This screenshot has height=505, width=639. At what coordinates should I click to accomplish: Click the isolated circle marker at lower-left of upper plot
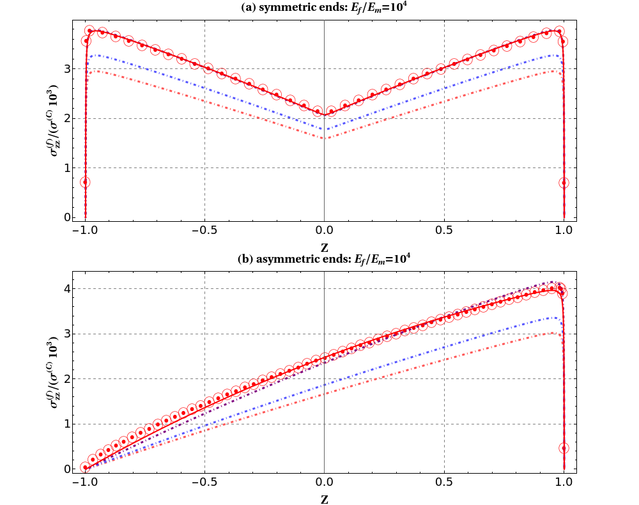pos(85,182)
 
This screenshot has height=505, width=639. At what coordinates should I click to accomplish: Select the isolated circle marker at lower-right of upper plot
pos(564,182)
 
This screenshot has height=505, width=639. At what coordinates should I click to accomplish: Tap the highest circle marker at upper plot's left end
pos(89,31)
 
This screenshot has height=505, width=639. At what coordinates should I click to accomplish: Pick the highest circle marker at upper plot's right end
pos(559,31)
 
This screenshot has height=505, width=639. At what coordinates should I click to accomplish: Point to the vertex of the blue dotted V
pos(325,130)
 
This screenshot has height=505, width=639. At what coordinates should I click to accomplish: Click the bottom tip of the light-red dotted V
pos(325,139)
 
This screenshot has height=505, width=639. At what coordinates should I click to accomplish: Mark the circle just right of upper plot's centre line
pos(331,111)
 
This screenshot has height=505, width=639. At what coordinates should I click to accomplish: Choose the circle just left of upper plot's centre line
pos(318,111)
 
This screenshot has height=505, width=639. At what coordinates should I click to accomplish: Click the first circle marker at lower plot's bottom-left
pos(85,467)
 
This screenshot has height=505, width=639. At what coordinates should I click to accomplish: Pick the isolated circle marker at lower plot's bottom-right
pos(564,448)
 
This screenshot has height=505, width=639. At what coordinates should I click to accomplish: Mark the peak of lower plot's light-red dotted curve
pos(553,332)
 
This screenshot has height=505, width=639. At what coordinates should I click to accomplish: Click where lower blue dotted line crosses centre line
pos(325,385)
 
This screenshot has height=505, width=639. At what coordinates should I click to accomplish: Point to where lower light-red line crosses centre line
pos(325,393)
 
